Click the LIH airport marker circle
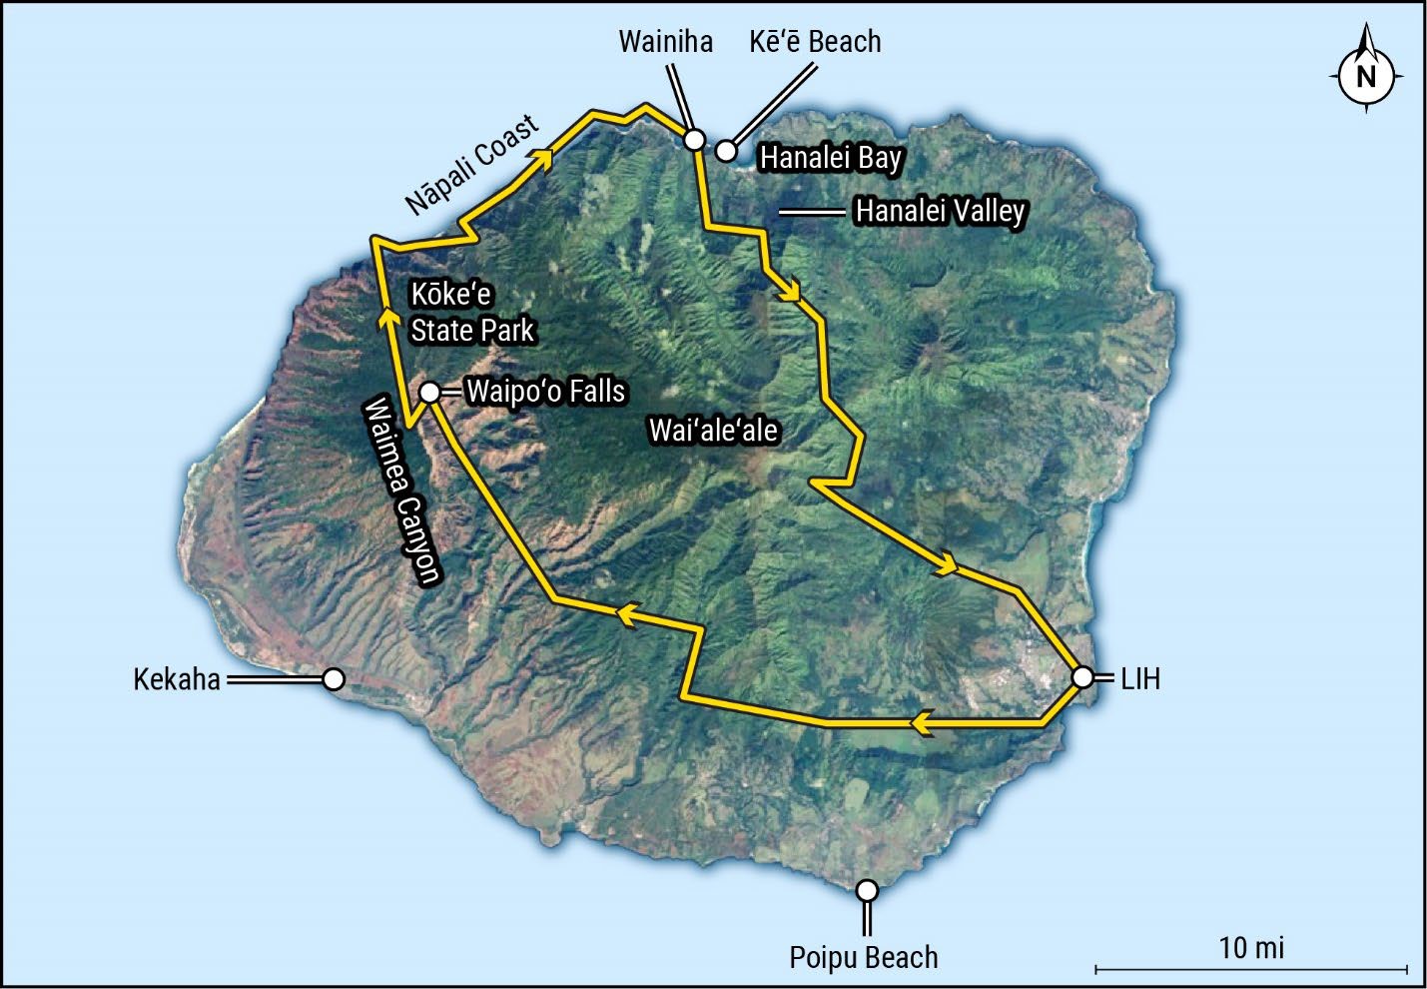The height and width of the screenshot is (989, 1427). click(x=1082, y=678)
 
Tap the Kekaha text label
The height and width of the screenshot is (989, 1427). click(x=177, y=679)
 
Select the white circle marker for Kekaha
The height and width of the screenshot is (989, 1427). click(x=334, y=679)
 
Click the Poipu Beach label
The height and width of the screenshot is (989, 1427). click(x=864, y=957)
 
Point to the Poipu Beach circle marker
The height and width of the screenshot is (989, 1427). click(x=867, y=890)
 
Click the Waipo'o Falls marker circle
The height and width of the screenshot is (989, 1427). click(x=429, y=393)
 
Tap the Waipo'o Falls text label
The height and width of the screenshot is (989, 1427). click(x=545, y=391)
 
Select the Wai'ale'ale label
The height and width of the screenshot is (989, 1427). click(x=713, y=431)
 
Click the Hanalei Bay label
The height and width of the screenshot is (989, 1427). click(x=831, y=158)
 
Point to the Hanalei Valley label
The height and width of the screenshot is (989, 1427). click(x=940, y=211)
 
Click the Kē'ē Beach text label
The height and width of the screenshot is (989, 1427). click(x=815, y=42)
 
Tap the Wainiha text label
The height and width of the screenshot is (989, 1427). click(x=665, y=42)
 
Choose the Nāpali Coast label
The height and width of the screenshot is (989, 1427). click(x=472, y=164)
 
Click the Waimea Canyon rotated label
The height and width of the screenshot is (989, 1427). click(x=401, y=490)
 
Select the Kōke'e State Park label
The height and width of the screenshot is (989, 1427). click(x=471, y=312)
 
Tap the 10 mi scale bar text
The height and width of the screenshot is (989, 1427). click(x=1251, y=947)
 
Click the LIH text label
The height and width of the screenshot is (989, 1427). click(x=1140, y=679)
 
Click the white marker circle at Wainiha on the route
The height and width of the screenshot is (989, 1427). click(x=694, y=140)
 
